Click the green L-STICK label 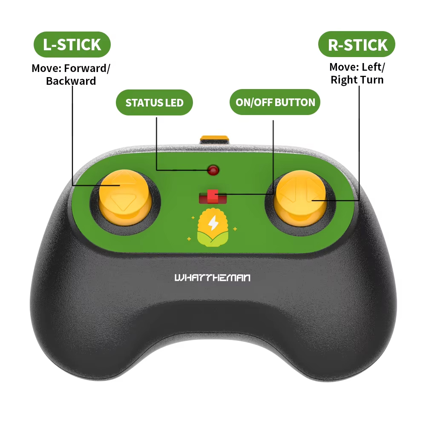72,44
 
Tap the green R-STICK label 357,44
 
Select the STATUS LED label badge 154,102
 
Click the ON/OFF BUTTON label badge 275,102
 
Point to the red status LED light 213,170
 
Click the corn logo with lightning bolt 213,227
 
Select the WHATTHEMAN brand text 213,278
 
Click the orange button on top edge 214,140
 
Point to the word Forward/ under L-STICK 87,68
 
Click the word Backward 71,81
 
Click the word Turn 372,80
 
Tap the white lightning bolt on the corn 213,223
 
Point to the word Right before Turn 344,80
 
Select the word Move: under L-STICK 46,68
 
